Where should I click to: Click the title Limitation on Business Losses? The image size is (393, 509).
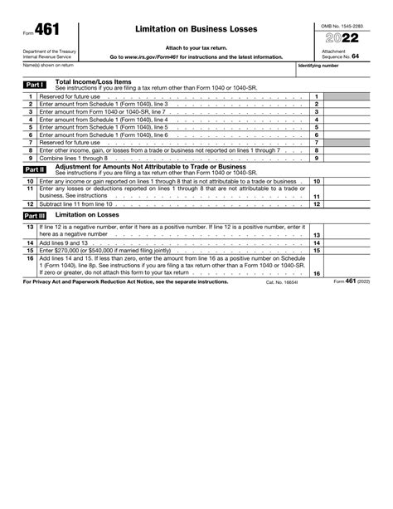pos(196,29)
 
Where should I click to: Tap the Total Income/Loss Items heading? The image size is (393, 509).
pos(93,81)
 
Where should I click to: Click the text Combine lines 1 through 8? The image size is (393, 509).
pos(74,158)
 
